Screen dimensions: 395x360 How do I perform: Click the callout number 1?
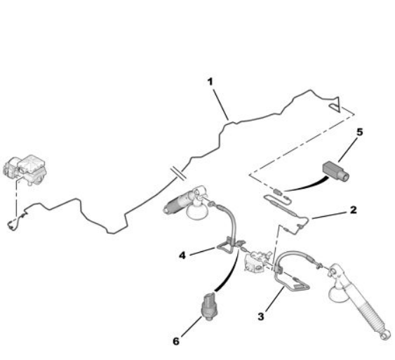click(210, 82)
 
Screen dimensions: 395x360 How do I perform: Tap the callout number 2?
click(354, 210)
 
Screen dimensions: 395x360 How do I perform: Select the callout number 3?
click(261, 316)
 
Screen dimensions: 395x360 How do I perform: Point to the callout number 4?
click(182, 255)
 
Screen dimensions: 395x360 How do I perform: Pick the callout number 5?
click(360, 132)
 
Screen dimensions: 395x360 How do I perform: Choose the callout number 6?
click(176, 342)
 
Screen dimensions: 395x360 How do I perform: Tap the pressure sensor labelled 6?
click(209, 307)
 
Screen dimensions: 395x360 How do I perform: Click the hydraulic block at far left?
click(25, 170)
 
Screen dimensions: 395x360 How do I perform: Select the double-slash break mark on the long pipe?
click(178, 174)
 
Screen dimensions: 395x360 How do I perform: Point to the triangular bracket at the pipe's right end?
click(335, 105)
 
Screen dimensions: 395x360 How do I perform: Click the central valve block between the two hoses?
click(257, 262)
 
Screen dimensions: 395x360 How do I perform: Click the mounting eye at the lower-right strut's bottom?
click(386, 336)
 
